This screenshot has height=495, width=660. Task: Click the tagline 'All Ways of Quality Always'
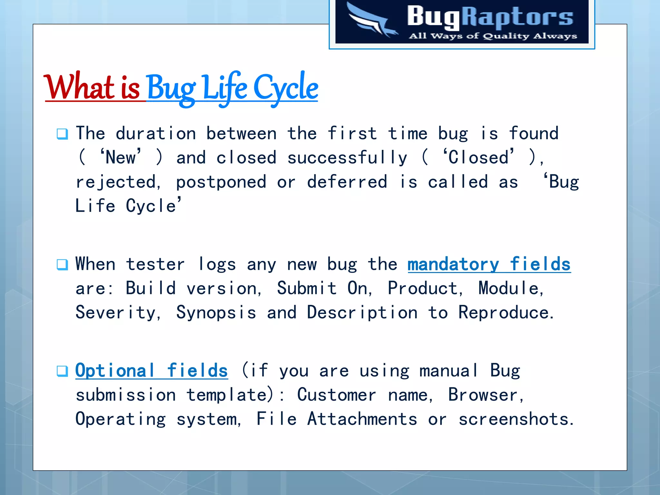click(492, 36)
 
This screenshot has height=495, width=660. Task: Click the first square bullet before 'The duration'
click(62, 134)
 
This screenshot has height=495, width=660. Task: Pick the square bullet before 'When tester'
click(62, 265)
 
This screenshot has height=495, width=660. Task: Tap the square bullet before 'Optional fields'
click(62, 371)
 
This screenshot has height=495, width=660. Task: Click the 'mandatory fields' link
click(489, 265)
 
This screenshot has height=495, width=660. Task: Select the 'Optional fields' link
click(151, 371)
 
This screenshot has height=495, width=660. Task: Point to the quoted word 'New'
click(121, 158)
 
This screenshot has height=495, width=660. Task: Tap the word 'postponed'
click(221, 182)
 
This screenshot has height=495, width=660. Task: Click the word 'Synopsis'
click(216, 313)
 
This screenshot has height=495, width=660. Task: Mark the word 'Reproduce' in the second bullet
click(503, 313)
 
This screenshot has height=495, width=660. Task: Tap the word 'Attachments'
click(362, 419)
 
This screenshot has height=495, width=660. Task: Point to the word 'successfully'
click(347, 158)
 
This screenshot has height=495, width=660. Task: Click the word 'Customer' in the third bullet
click(336, 395)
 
